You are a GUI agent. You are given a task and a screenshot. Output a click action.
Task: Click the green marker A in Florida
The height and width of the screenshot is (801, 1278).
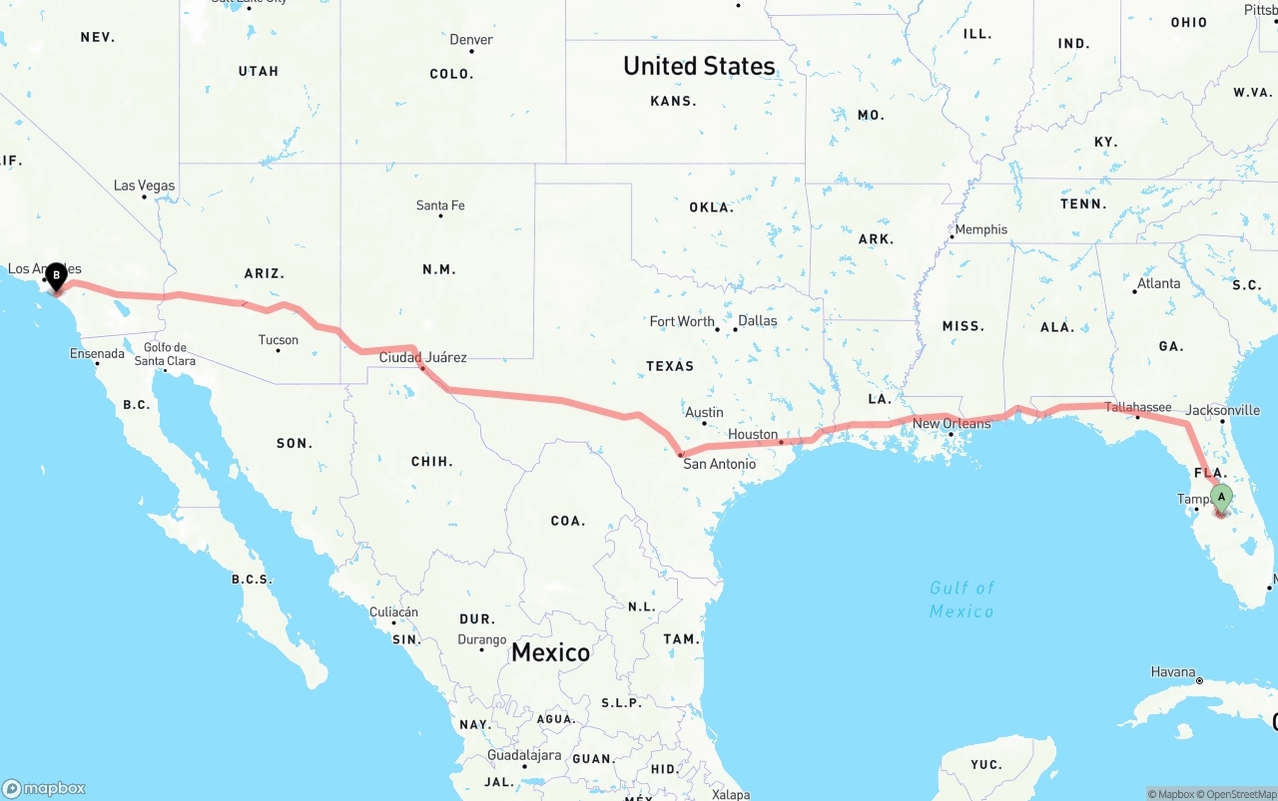pyautogui.click(x=1221, y=497)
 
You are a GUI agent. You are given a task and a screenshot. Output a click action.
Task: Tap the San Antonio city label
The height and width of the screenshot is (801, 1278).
pyautogui.click(x=719, y=464)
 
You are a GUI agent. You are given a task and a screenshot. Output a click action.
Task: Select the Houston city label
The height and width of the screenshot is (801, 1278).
pyautogui.click(x=753, y=435)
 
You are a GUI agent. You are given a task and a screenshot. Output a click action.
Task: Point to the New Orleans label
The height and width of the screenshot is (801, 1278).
pyautogui.click(x=952, y=424)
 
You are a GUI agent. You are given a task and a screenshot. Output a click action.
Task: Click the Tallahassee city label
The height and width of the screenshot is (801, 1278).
pyautogui.click(x=1138, y=407)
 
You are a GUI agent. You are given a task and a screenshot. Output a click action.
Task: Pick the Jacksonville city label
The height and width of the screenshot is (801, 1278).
pyautogui.click(x=1223, y=410)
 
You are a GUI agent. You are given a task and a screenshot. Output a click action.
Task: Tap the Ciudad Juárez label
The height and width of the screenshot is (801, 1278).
pyautogui.click(x=422, y=357)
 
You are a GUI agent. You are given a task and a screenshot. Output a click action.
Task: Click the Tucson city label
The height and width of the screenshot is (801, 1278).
pyautogui.click(x=279, y=340)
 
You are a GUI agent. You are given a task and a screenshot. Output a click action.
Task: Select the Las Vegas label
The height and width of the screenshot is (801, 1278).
pyautogui.click(x=144, y=186)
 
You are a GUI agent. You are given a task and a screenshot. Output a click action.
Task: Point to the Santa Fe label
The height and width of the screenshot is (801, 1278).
pyautogui.click(x=440, y=205)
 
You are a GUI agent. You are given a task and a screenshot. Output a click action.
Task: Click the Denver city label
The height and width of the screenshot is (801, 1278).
pyautogui.click(x=471, y=40)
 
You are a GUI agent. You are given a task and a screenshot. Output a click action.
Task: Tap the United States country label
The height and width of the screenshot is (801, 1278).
pyautogui.click(x=699, y=66)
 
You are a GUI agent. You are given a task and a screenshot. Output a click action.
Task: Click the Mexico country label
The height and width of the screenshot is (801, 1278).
pyautogui.click(x=550, y=652)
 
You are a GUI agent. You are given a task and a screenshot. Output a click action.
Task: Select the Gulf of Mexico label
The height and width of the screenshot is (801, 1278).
pyautogui.click(x=961, y=599)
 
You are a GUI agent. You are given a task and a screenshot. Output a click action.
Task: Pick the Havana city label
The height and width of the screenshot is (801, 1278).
pyautogui.click(x=1173, y=672)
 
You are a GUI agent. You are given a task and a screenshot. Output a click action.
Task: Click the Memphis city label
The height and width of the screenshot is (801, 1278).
pyautogui.click(x=980, y=229)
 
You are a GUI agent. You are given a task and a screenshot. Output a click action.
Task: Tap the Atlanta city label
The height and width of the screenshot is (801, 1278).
pyautogui.click(x=1158, y=283)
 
